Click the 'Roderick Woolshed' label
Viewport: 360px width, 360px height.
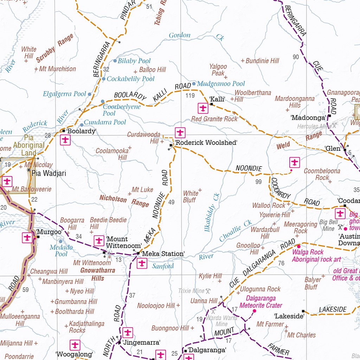[206, 143]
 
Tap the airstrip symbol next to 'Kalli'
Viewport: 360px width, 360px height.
[203, 108]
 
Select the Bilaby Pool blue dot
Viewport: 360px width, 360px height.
[115, 61]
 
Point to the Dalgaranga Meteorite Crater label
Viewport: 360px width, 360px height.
[261, 302]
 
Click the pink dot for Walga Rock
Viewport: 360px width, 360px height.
[299, 246]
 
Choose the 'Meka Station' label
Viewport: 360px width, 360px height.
[163, 254]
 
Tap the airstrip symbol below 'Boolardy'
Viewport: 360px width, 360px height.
[65, 140]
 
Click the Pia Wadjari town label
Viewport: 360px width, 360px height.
[49, 173]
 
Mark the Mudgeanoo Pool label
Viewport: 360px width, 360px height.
[221, 84]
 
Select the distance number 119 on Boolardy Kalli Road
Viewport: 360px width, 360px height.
[190, 96]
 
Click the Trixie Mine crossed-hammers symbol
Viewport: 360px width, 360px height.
[208, 291]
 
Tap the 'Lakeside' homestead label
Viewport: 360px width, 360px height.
[289, 316]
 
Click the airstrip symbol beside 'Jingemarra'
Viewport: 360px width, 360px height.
[127, 332]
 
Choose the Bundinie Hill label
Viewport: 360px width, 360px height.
[262, 61]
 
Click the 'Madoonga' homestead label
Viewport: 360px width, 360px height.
[308, 118]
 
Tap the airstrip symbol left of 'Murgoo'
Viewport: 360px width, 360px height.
[27, 238]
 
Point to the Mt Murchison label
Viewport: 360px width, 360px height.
[57, 69]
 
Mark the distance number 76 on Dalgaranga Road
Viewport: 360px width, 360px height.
[281, 263]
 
